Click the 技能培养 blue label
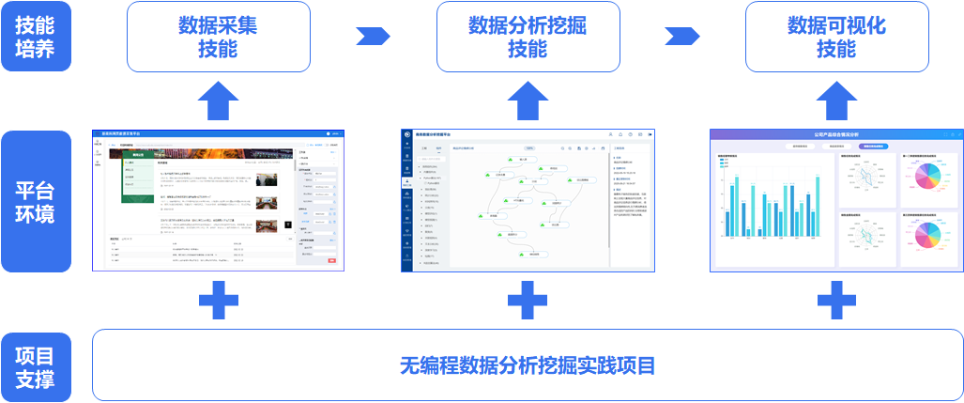pyautogui.click(x=36, y=37)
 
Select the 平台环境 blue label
pyautogui.click(x=36, y=201)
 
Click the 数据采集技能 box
pyautogui.click(x=218, y=37)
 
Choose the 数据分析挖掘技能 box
pyautogui.click(x=528, y=37)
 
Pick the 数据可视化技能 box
pyautogui.click(x=836, y=37)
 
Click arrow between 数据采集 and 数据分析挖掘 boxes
pyautogui.click(x=373, y=37)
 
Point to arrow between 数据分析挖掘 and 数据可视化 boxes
pyautogui.click(x=682, y=37)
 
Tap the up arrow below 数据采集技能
pyautogui.click(x=218, y=99)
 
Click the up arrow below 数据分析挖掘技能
pyautogui.click(x=528, y=99)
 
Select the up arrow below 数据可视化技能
pyautogui.click(x=836, y=99)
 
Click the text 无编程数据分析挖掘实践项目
pyautogui.click(x=528, y=366)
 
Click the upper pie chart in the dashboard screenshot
pyautogui.click(x=927, y=178)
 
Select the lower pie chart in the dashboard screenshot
pyautogui.click(x=927, y=240)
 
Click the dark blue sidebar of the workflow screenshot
pyautogui.click(x=406, y=202)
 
